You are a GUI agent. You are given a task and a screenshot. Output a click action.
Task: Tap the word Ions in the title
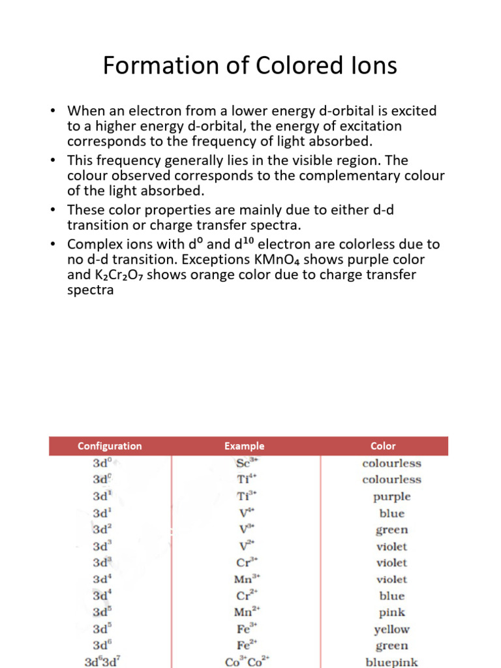coord(373,66)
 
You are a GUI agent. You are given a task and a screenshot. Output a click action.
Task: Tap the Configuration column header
coord(110,446)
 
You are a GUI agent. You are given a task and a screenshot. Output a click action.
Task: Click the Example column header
coord(245,446)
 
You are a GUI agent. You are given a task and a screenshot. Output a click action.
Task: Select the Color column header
coord(383,446)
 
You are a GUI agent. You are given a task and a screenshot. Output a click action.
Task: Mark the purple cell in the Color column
coord(391,496)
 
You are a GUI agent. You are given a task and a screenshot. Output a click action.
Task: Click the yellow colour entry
coord(391,630)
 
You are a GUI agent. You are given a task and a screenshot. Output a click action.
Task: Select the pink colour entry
coord(391,613)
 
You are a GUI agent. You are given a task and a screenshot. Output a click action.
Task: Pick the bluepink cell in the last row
coord(391,661)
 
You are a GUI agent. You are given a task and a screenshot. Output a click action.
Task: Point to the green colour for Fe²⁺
coord(391,646)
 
